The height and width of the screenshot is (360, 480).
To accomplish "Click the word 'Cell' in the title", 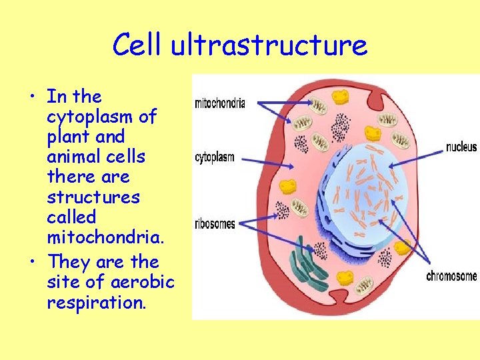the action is pyautogui.click(x=137, y=45).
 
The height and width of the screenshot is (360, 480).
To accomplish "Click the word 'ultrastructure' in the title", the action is pyautogui.click(x=269, y=45).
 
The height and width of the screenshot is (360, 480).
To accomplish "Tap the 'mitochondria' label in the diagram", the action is pyautogui.click(x=220, y=103).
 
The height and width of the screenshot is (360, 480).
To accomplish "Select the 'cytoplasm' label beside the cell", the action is pyautogui.click(x=214, y=157).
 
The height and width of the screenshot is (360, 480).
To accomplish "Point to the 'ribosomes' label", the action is pyautogui.click(x=215, y=224).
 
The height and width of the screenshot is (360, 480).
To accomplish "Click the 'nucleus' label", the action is pyautogui.click(x=461, y=147).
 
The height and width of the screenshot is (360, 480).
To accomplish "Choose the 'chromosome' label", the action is pyautogui.click(x=451, y=276).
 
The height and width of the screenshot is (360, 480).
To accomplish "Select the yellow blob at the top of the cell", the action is pyautogui.click(x=341, y=97).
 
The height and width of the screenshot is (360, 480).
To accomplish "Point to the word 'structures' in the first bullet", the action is pyautogui.click(x=93, y=197).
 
